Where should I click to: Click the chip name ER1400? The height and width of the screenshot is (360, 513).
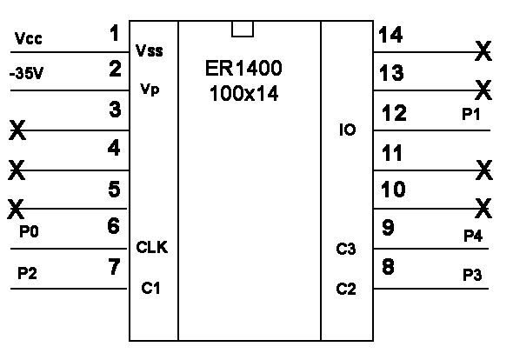[x=243, y=68]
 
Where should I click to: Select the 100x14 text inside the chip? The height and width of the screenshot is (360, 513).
[x=243, y=93]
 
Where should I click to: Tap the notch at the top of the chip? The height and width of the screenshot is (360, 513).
[x=243, y=29]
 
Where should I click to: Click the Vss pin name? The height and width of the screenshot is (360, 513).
[x=150, y=50]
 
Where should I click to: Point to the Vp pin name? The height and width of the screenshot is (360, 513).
[x=150, y=89]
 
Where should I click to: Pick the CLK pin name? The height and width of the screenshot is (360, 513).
[x=152, y=247]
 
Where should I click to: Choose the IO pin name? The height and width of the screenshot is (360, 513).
[x=348, y=130]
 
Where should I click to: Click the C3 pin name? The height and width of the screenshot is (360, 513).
[x=346, y=249]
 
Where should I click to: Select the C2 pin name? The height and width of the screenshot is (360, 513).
[x=346, y=289]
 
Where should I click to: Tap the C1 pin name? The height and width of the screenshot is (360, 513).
[x=150, y=288]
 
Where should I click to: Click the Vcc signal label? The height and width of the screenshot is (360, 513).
[x=29, y=38]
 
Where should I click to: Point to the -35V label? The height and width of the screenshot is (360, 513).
[x=26, y=73]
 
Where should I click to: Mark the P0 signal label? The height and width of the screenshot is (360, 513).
[x=29, y=231]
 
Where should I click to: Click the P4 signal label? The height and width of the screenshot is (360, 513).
[x=473, y=236]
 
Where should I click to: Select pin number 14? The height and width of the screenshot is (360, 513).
[x=390, y=35]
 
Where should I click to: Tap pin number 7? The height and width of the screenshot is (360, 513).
[x=114, y=266]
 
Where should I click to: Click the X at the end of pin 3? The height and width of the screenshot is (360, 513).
[x=17, y=130]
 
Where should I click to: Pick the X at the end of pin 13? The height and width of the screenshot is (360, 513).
[x=483, y=90]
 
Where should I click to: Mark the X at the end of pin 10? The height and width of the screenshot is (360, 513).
[x=483, y=208]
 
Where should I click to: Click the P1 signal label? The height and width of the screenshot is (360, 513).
[x=470, y=115]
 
